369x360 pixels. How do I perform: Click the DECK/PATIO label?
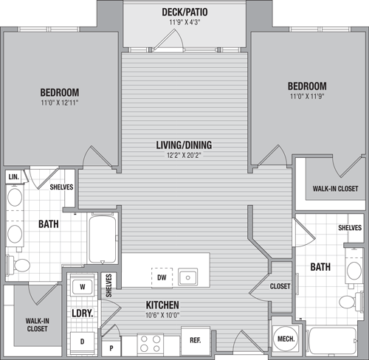click(184, 12)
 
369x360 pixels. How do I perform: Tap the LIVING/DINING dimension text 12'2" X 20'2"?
click(184, 156)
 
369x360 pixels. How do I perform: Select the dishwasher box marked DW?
click(162, 277)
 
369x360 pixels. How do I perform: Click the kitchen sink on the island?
click(187, 277)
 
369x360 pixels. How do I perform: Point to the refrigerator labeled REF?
click(196, 341)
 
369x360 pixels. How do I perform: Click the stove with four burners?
click(150, 344)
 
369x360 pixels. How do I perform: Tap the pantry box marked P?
click(111, 347)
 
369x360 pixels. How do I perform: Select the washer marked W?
click(83, 287)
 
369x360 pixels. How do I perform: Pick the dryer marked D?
click(82, 342)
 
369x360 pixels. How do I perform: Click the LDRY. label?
click(83, 314)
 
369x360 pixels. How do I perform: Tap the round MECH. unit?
click(286, 339)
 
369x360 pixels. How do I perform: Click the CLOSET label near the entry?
click(280, 286)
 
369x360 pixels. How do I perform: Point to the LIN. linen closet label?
click(13, 177)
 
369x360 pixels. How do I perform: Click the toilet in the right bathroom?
click(351, 301)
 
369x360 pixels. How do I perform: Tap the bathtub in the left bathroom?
click(103, 238)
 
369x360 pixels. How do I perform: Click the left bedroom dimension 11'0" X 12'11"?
click(60, 103)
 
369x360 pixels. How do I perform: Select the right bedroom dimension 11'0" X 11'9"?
click(307, 97)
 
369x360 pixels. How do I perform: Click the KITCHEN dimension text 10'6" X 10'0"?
click(162, 315)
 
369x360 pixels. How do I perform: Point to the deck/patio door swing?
click(168, 39)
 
